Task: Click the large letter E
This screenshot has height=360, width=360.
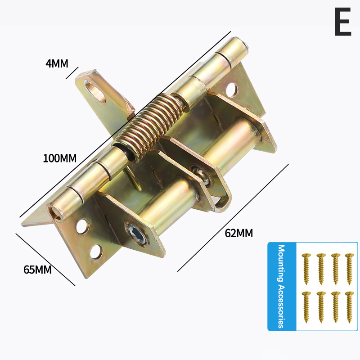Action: (343, 22)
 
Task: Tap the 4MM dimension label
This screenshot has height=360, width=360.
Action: (57, 63)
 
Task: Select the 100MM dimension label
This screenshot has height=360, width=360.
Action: (60, 158)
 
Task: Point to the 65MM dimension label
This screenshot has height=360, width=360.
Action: (37, 269)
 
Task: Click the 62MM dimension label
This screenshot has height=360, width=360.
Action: (239, 233)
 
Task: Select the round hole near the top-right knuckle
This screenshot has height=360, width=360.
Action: (231, 90)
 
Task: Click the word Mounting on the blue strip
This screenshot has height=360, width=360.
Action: (281, 263)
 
